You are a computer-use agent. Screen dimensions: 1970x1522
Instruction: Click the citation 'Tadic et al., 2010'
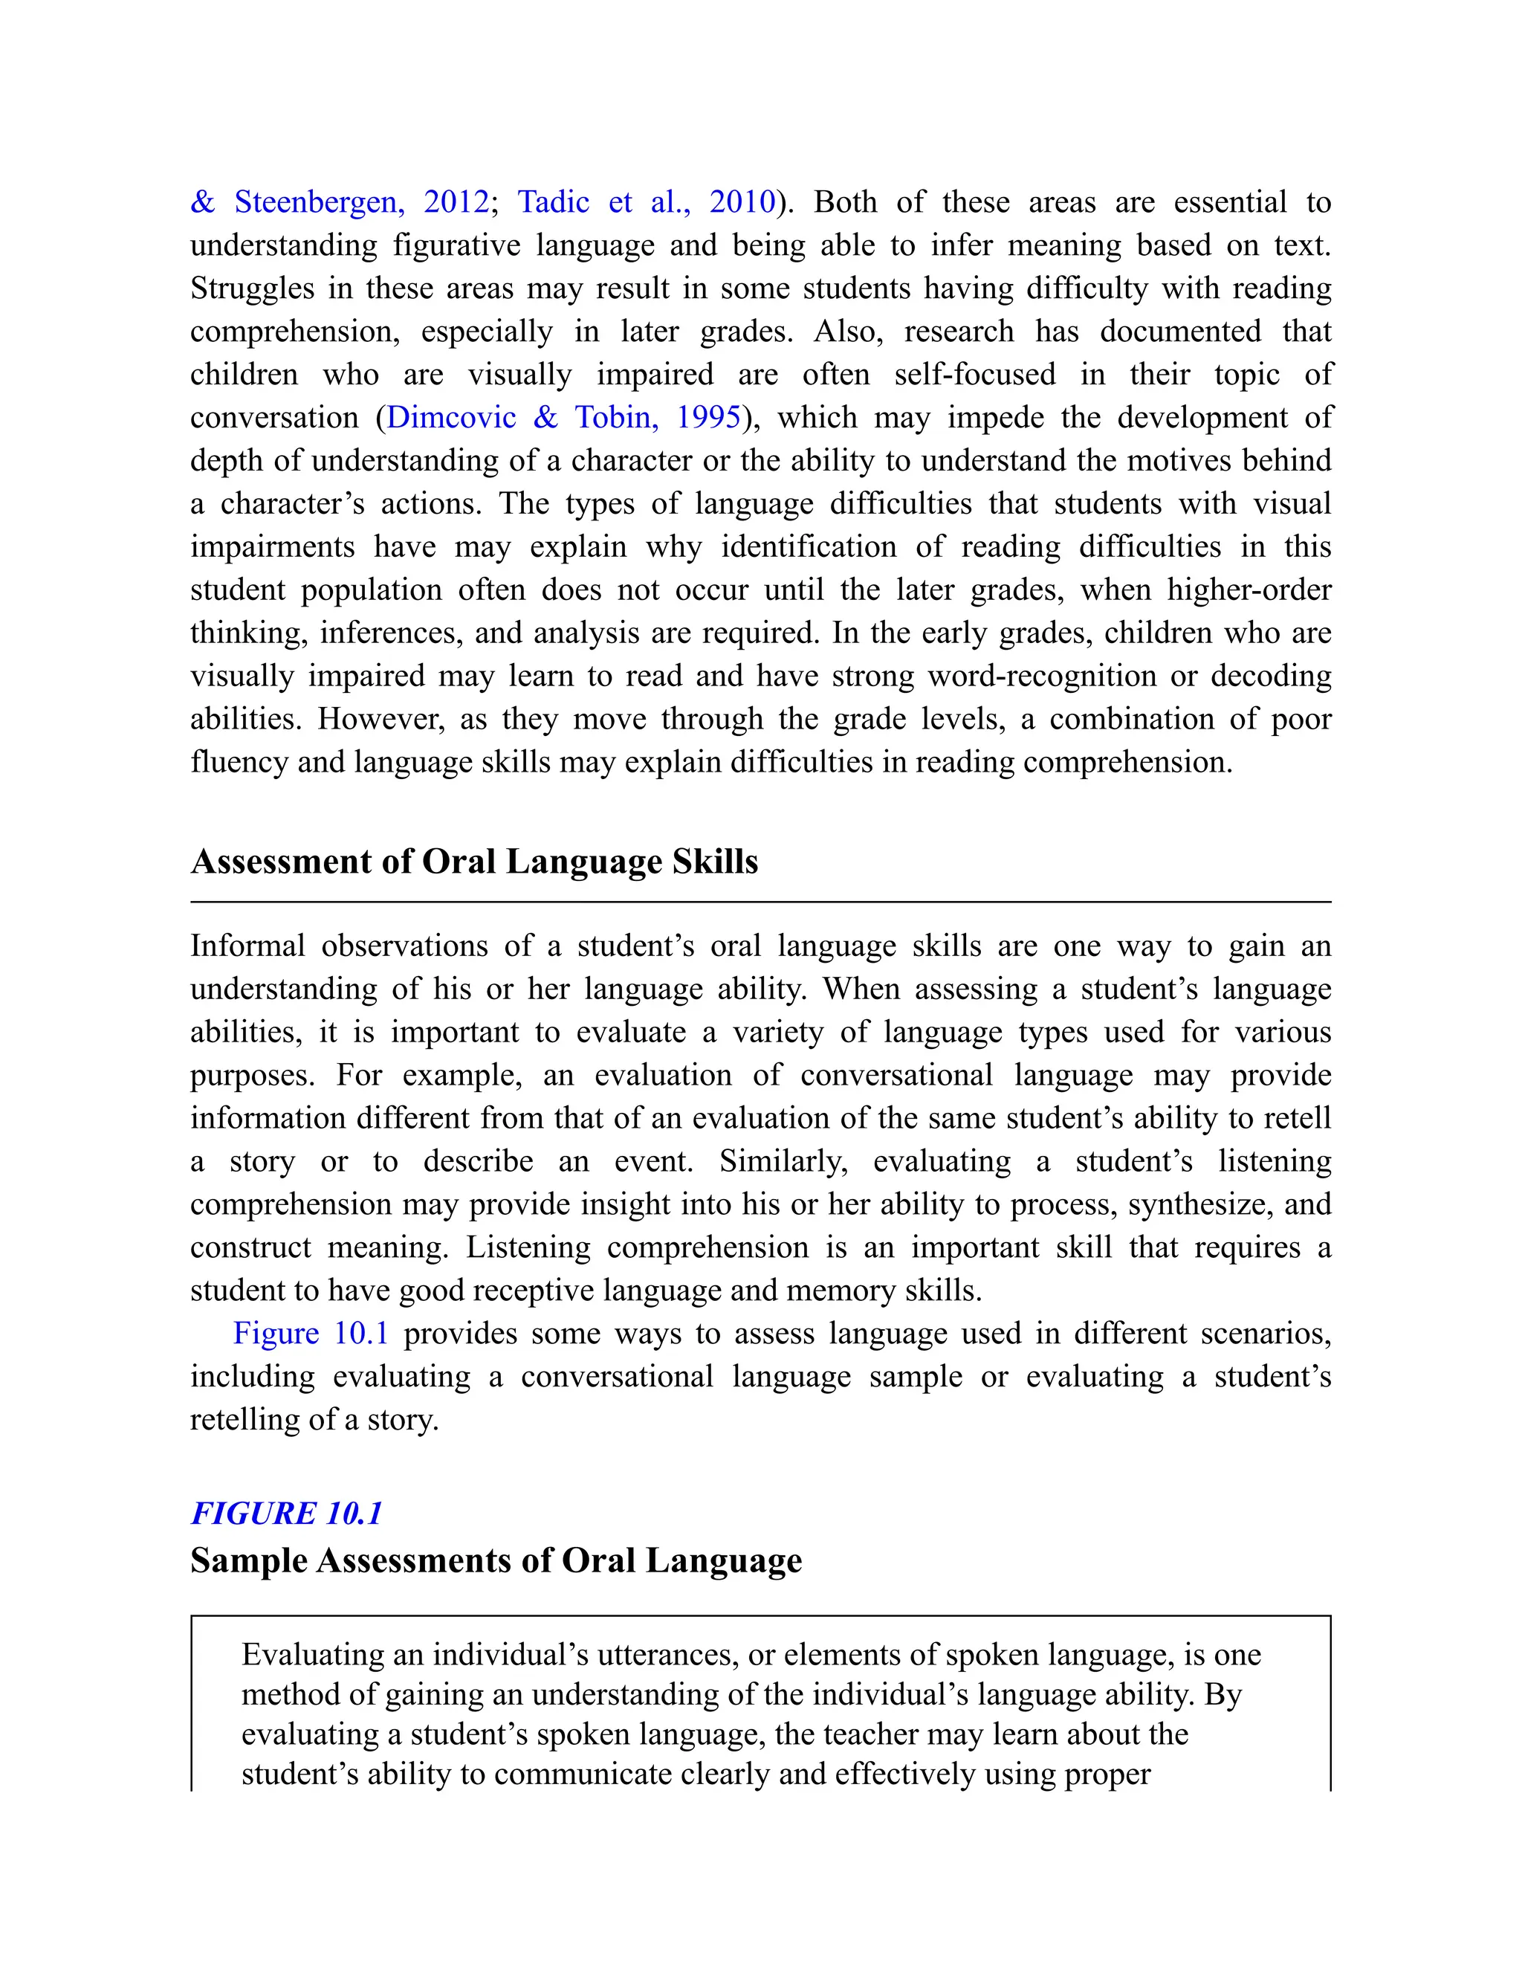coord(646,201)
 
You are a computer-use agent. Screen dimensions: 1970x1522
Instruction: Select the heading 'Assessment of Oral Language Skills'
coord(474,862)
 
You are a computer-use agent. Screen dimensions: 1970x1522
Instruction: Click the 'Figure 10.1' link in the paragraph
coord(310,1333)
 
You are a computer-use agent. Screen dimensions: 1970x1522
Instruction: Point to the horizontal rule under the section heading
coord(760,901)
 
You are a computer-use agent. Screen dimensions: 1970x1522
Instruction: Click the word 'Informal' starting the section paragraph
coord(247,946)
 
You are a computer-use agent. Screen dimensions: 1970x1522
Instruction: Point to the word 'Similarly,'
coord(783,1161)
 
